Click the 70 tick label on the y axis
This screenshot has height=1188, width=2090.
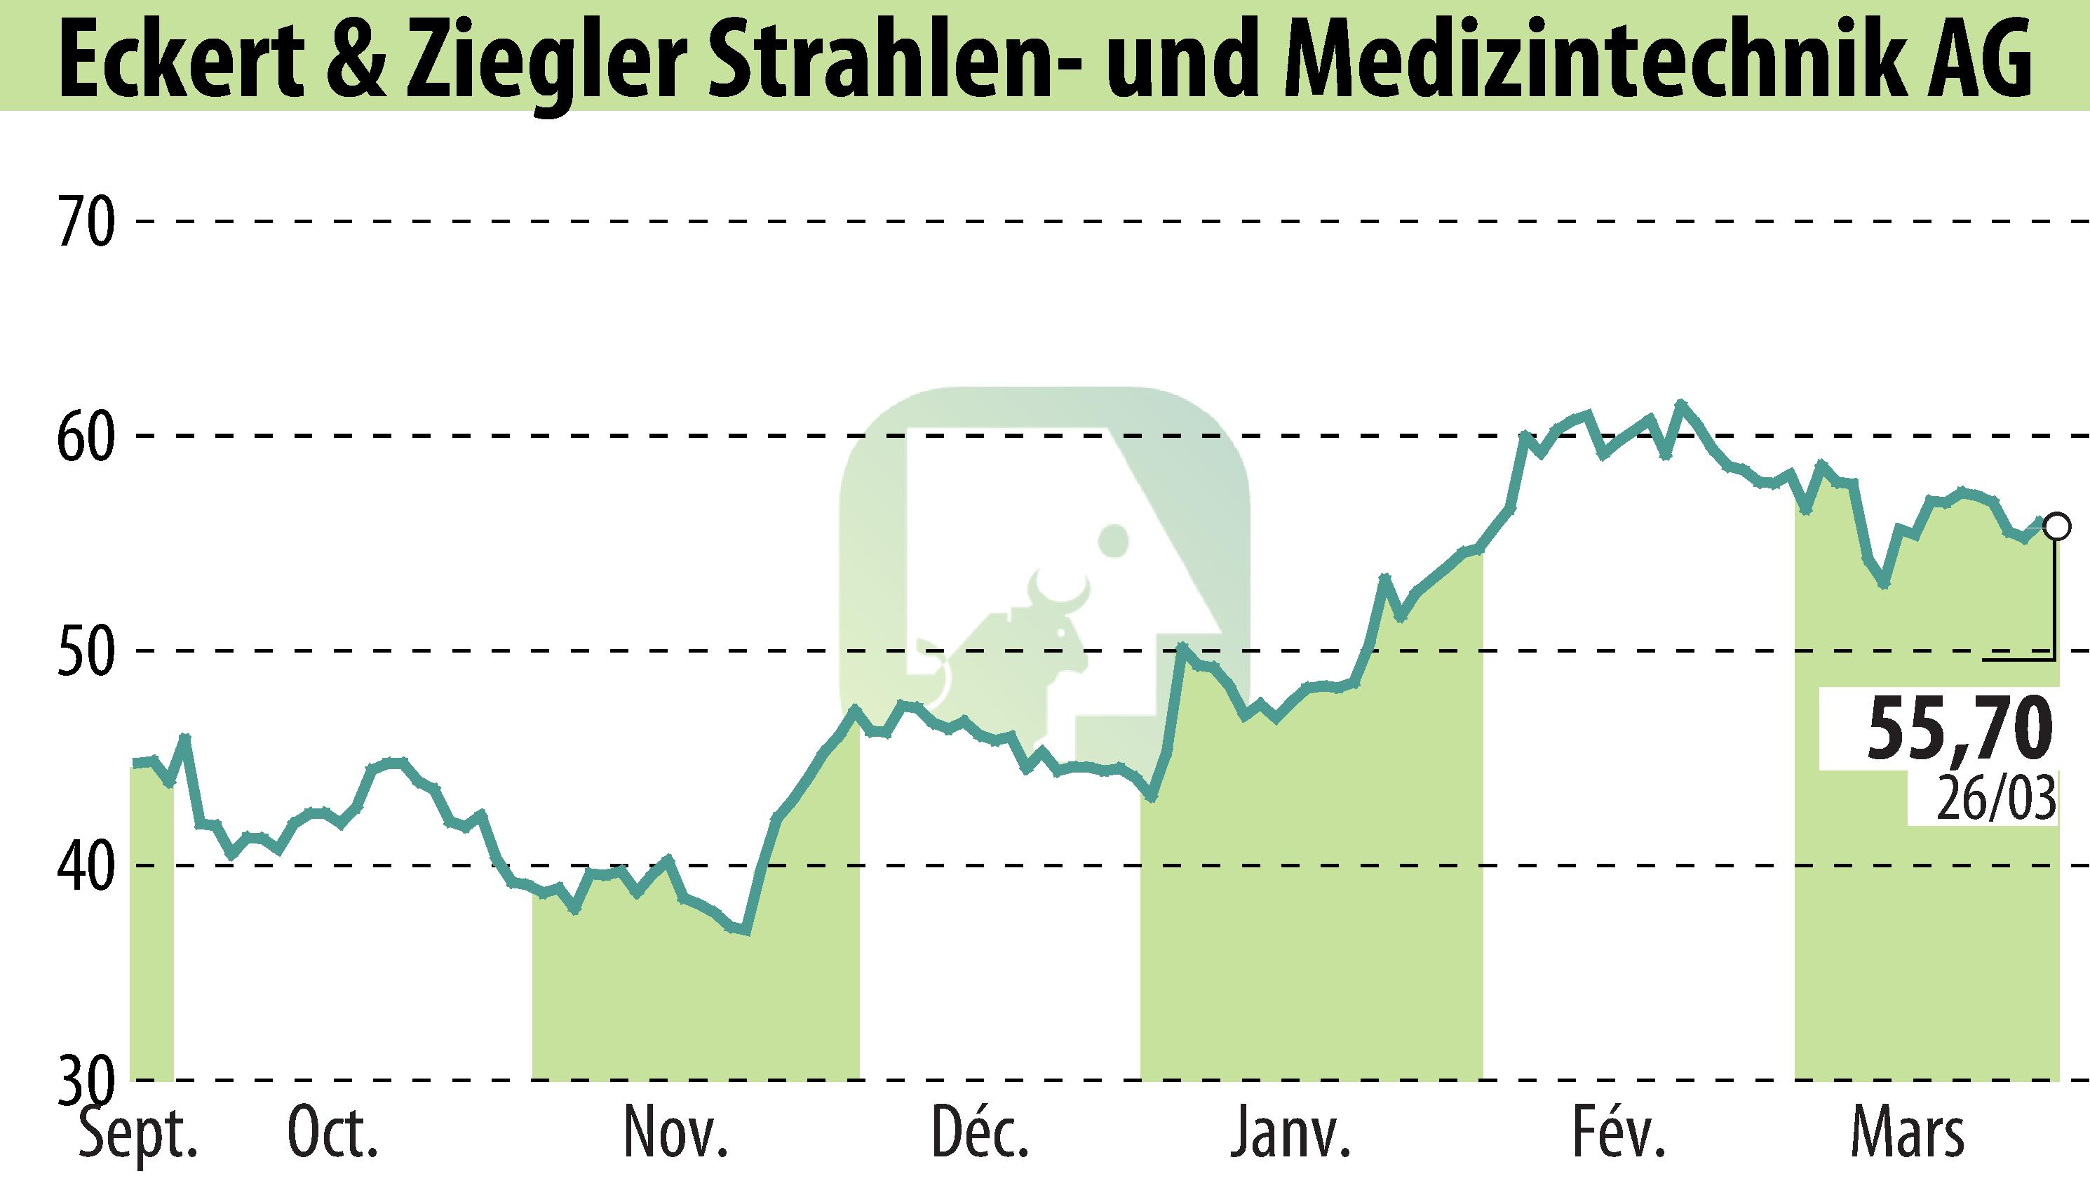pyautogui.click(x=85, y=222)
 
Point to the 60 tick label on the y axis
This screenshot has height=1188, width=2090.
pyautogui.click(x=85, y=437)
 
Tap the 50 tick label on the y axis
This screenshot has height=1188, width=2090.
pyautogui.click(x=85, y=652)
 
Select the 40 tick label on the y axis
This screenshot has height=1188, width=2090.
pyautogui.click(x=85, y=866)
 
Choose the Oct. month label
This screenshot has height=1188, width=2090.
pyautogui.click(x=332, y=1135)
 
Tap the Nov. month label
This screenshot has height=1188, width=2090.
pyautogui.click(x=675, y=1135)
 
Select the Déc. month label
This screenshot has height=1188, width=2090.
pyautogui.click(x=981, y=1135)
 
